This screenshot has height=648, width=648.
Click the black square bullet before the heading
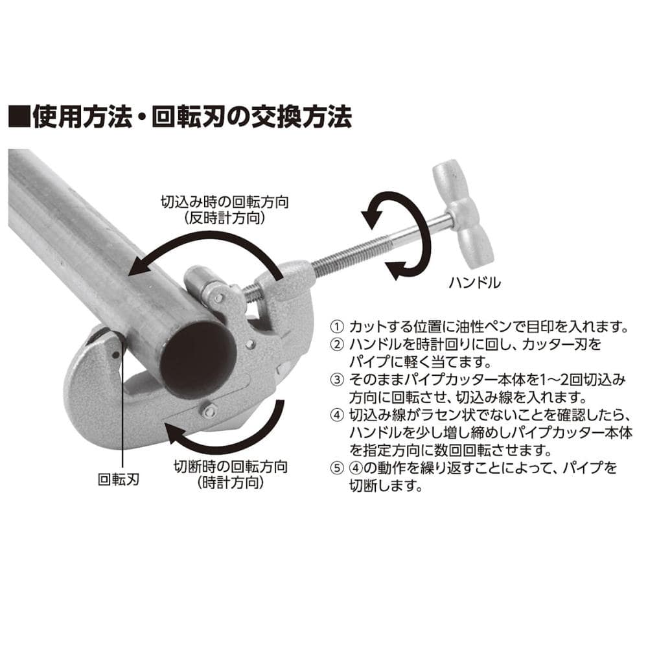[19, 117]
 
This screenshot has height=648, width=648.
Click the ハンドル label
[474, 283]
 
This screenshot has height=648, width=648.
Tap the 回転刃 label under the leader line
[118, 480]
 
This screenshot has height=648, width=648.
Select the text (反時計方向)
[224, 218]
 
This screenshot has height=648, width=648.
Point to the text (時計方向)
[231, 482]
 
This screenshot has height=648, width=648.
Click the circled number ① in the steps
[337, 327]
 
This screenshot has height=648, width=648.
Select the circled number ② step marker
[337, 344]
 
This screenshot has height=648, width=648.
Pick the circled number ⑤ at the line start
[337, 468]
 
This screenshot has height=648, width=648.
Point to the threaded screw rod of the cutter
[351, 256]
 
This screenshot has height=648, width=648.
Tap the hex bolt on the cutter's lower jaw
[209, 410]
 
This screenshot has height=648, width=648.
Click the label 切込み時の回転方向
[224, 202]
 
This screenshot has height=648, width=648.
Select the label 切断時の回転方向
[231, 467]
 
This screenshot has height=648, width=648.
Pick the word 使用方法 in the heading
[82, 117]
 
